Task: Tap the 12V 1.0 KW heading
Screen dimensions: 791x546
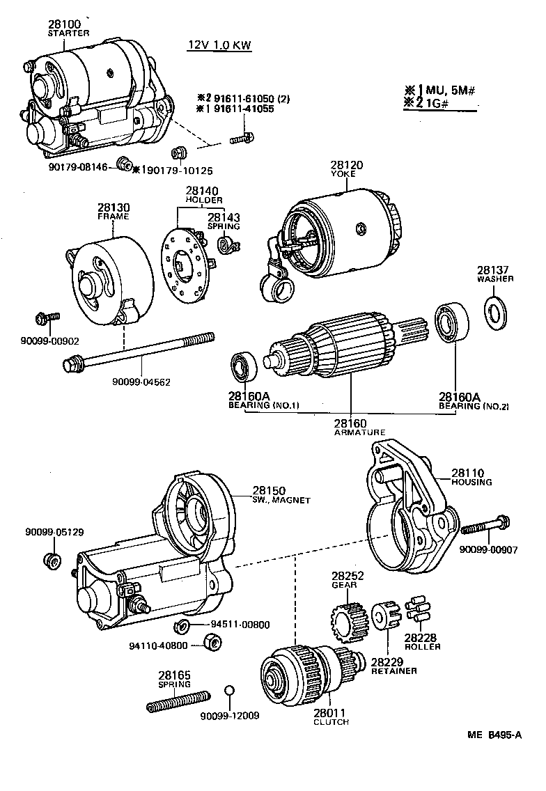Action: (219, 46)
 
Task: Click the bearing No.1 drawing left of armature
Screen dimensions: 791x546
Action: (244, 366)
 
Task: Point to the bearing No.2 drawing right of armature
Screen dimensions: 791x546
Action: (452, 324)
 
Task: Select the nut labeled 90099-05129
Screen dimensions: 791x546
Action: (52, 560)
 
